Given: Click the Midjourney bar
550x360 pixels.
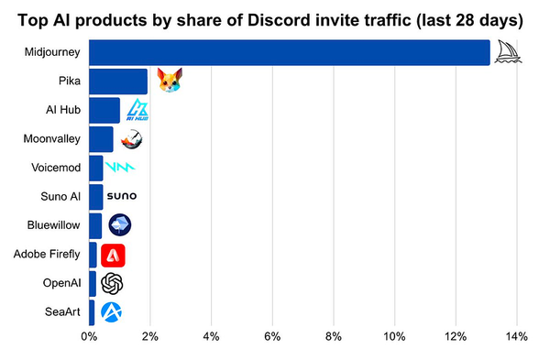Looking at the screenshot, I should tap(290, 52).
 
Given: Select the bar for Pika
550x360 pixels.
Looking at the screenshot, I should tap(118, 82).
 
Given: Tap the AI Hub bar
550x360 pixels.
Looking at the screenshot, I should tap(104, 110).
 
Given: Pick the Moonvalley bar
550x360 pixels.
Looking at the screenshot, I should tap(101, 139).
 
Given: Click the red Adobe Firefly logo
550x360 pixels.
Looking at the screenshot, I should tap(113, 255).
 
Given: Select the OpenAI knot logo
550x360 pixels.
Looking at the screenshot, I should tap(112, 283).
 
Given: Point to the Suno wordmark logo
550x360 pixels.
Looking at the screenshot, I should tap(122, 197).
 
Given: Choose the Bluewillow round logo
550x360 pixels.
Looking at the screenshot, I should tap(120, 224).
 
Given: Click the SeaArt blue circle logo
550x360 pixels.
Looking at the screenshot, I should tap(112, 312).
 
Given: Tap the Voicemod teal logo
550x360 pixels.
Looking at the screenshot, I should tap(120, 168).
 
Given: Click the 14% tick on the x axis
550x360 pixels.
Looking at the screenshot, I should tap(516, 336).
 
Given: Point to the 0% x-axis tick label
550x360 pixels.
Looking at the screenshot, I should tap(89, 336).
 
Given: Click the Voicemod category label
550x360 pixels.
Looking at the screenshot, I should tap(56, 168).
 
